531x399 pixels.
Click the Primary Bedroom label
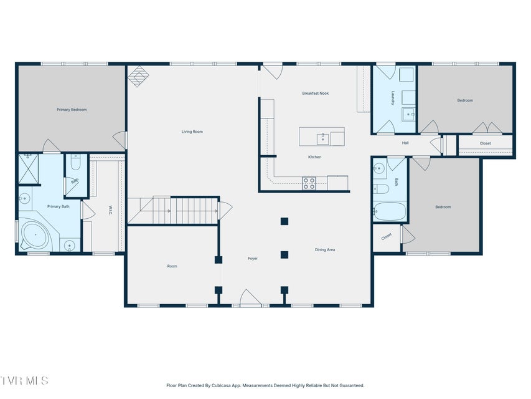pos(72,110)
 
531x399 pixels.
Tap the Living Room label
pos(192,132)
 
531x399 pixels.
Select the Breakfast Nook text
pos(315,94)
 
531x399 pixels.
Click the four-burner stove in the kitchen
pos(309,183)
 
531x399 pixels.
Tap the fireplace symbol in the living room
pos(138,76)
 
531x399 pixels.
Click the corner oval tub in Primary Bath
pos(34,235)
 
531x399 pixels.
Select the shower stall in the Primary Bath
pos(29,170)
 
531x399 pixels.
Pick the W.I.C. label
pos(110,210)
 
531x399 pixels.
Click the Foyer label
pos(253,259)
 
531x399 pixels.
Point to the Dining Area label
pos(325,250)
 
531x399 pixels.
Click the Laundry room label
pos(393,98)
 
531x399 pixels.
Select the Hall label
pos(405,143)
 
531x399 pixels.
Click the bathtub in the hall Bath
pos(390,211)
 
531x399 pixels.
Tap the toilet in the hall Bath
pos(382,189)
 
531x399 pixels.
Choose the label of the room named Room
pos(172,266)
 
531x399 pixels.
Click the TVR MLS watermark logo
pos(24,380)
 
